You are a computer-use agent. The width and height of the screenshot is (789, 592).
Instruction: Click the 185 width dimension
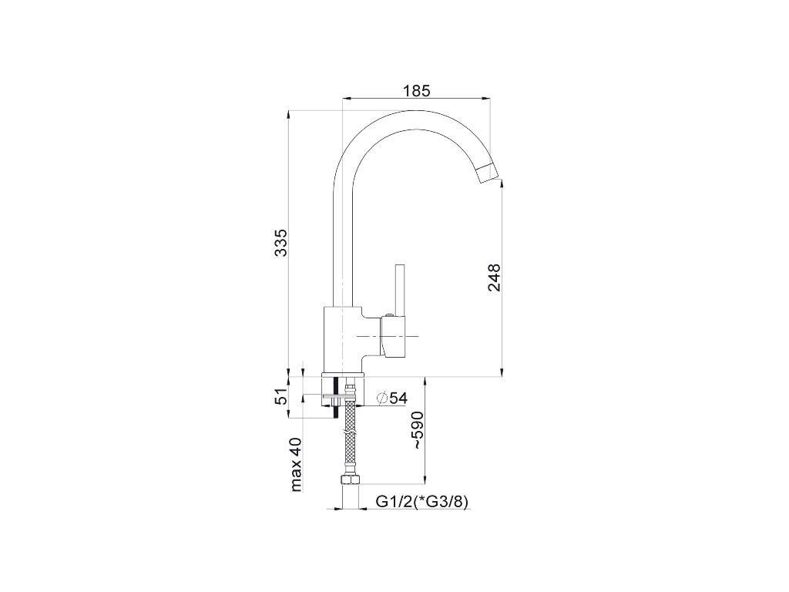[x=417, y=91]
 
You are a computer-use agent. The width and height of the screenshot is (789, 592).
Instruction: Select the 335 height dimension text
[x=280, y=243]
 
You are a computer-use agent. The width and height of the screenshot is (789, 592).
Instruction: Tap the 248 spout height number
[x=494, y=277]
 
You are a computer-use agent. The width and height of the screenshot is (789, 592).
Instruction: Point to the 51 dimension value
[x=281, y=397]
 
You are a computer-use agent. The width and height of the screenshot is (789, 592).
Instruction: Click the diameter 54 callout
[x=391, y=398]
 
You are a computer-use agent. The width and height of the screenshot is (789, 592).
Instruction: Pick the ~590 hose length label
[x=420, y=430]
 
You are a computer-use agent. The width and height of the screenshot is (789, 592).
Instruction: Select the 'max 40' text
[x=296, y=464]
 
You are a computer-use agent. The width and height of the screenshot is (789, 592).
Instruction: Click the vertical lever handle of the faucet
[x=401, y=290]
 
